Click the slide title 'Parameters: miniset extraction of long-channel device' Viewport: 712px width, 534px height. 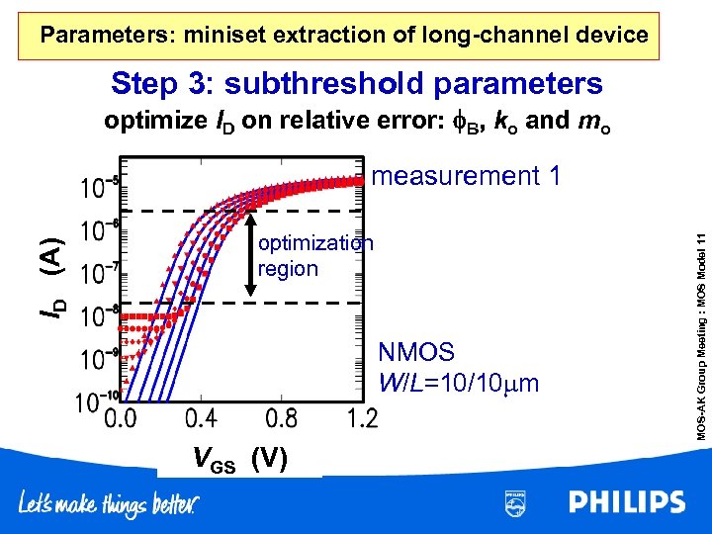click(x=344, y=36)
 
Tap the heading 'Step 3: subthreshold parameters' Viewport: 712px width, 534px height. click(x=356, y=83)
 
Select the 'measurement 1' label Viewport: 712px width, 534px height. click(x=468, y=176)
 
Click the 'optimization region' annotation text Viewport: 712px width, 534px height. click(x=314, y=256)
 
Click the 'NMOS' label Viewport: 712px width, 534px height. click(x=416, y=353)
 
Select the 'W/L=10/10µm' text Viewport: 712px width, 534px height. click(x=459, y=382)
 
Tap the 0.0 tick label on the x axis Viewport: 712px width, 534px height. click(x=120, y=419)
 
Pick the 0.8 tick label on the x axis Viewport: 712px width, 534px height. click(x=282, y=419)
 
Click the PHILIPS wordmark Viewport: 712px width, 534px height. click(x=627, y=502)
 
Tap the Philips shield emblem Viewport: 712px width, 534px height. click(x=515, y=502)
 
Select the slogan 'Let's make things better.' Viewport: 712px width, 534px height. click(x=110, y=504)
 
